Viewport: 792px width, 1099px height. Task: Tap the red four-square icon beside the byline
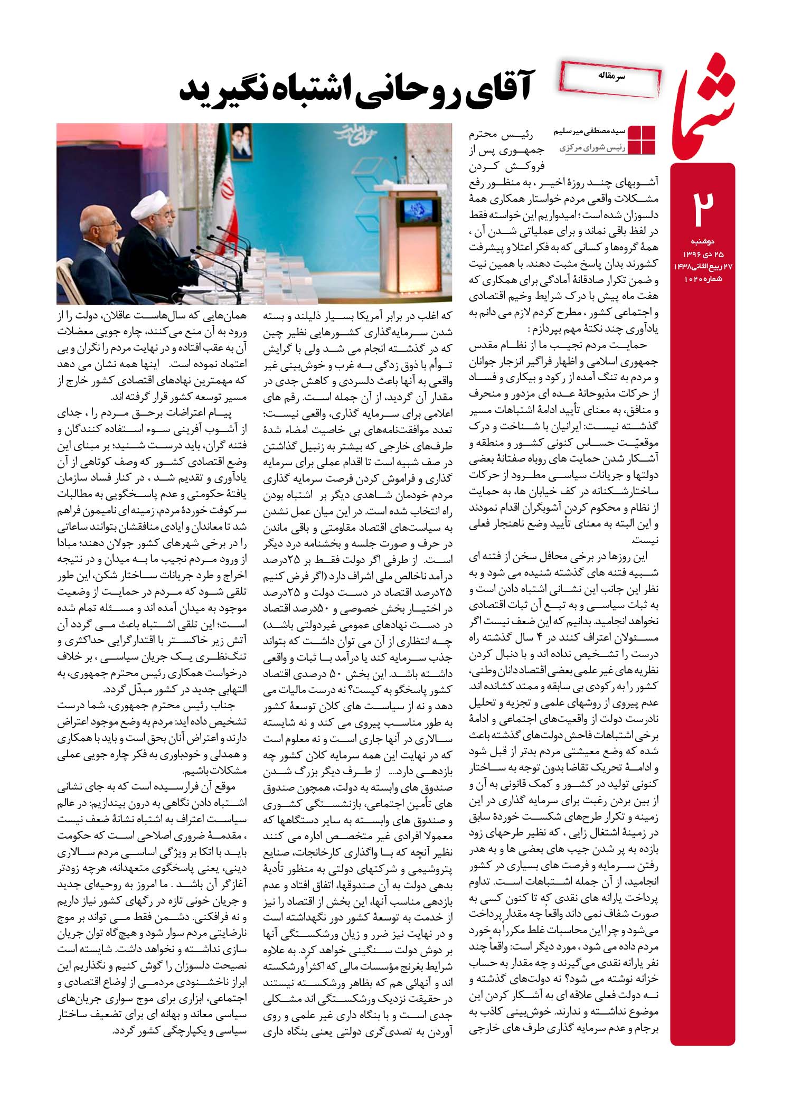(640, 140)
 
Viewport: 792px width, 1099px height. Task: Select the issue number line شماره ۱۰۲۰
(703, 278)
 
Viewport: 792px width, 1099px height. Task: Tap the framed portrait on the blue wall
(241, 143)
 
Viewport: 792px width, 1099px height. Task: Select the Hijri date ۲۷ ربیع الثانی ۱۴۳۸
(702, 267)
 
